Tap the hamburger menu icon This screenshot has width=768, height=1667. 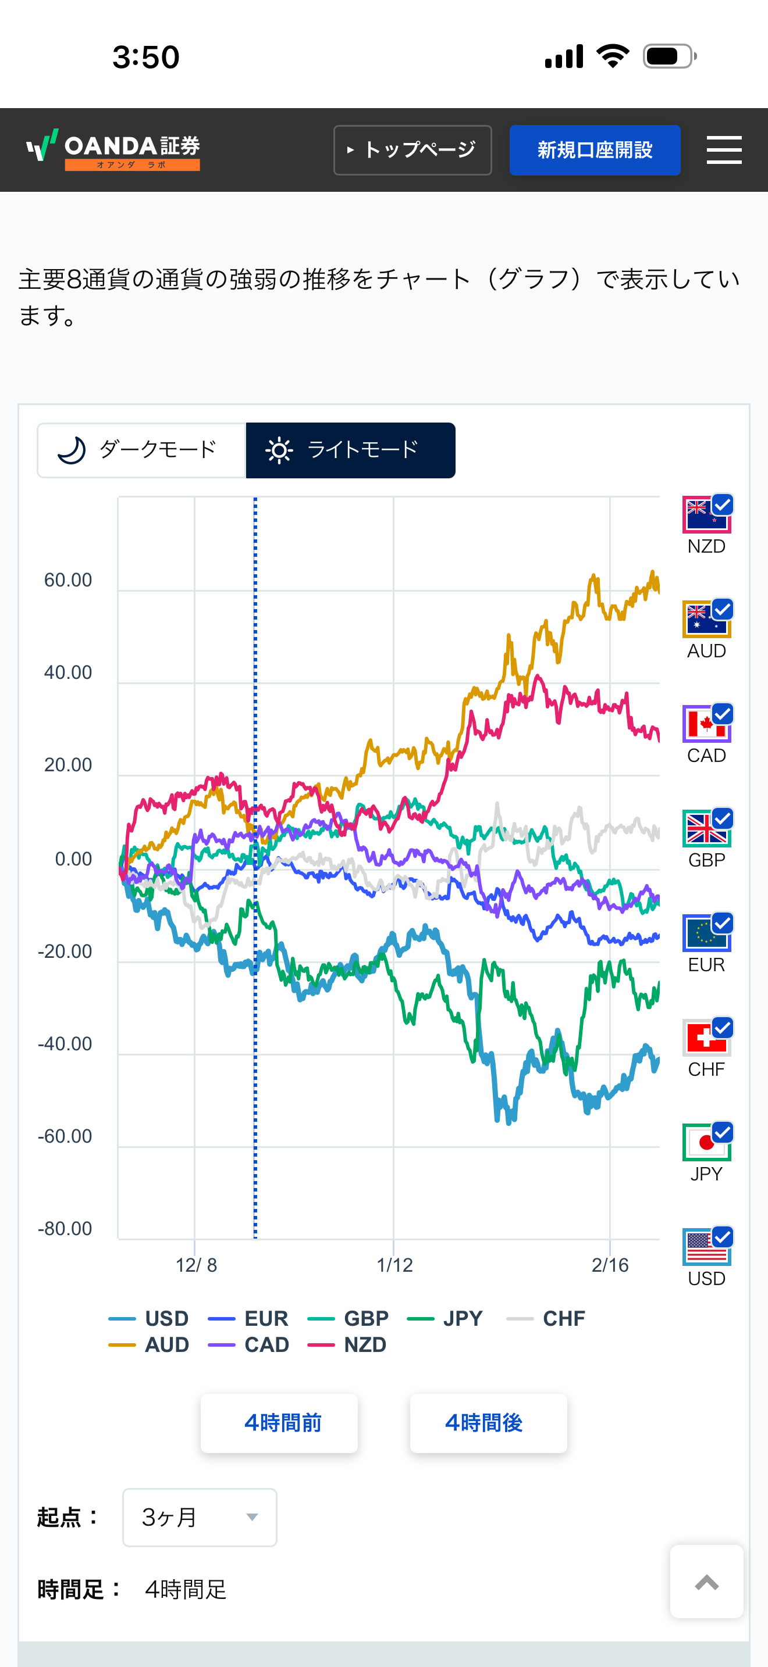(x=723, y=150)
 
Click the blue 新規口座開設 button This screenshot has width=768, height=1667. (x=595, y=150)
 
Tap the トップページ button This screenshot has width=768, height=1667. (x=413, y=150)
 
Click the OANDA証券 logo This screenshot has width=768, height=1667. (x=114, y=149)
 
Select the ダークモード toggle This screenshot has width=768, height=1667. (x=141, y=450)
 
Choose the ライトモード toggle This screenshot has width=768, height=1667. (x=350, y=450)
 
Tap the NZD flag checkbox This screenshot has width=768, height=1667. (x=707, y=514)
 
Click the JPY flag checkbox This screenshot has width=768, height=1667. (x=707, y=1142)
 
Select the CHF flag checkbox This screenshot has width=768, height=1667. (x=707, y=1038)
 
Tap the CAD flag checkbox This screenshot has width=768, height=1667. (x=707, y=724)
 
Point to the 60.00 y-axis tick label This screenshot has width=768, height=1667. (x=68, y=580)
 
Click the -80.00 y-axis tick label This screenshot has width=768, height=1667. (x=65, y=1228)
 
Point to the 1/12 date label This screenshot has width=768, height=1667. (x=394, y=1265)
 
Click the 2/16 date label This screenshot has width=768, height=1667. (x=610, y=1265)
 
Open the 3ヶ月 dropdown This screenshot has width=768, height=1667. (x=200, y=1518)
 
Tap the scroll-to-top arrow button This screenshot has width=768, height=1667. (x=706, y=1582)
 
